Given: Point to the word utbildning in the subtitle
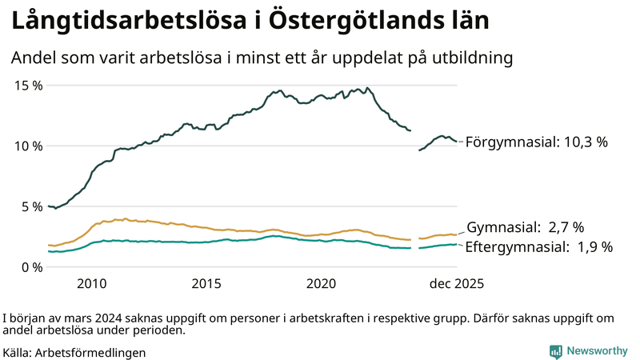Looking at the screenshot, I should tap(467, 58).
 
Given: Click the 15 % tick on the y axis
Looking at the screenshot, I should tap(26, 85).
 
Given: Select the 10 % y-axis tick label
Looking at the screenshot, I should tap(26, 146).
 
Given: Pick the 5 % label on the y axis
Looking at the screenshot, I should tap(30, 206).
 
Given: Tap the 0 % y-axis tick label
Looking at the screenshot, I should tap(30, 267).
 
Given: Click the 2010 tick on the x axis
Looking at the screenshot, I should tap(92, 284).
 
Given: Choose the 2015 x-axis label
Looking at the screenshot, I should tap(206, 284).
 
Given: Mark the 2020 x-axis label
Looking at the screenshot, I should tap(322, 284).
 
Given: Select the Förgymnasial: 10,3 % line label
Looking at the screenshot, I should tap(536, 142).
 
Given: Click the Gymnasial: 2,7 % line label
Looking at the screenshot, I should tap(525, 228).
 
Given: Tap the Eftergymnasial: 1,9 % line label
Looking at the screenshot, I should tap(538, 247).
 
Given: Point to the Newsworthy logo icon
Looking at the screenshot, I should tap(555, 351).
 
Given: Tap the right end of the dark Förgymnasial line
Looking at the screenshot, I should tap(456, 142).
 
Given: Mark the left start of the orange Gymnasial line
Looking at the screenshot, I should tap(49, 245).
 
